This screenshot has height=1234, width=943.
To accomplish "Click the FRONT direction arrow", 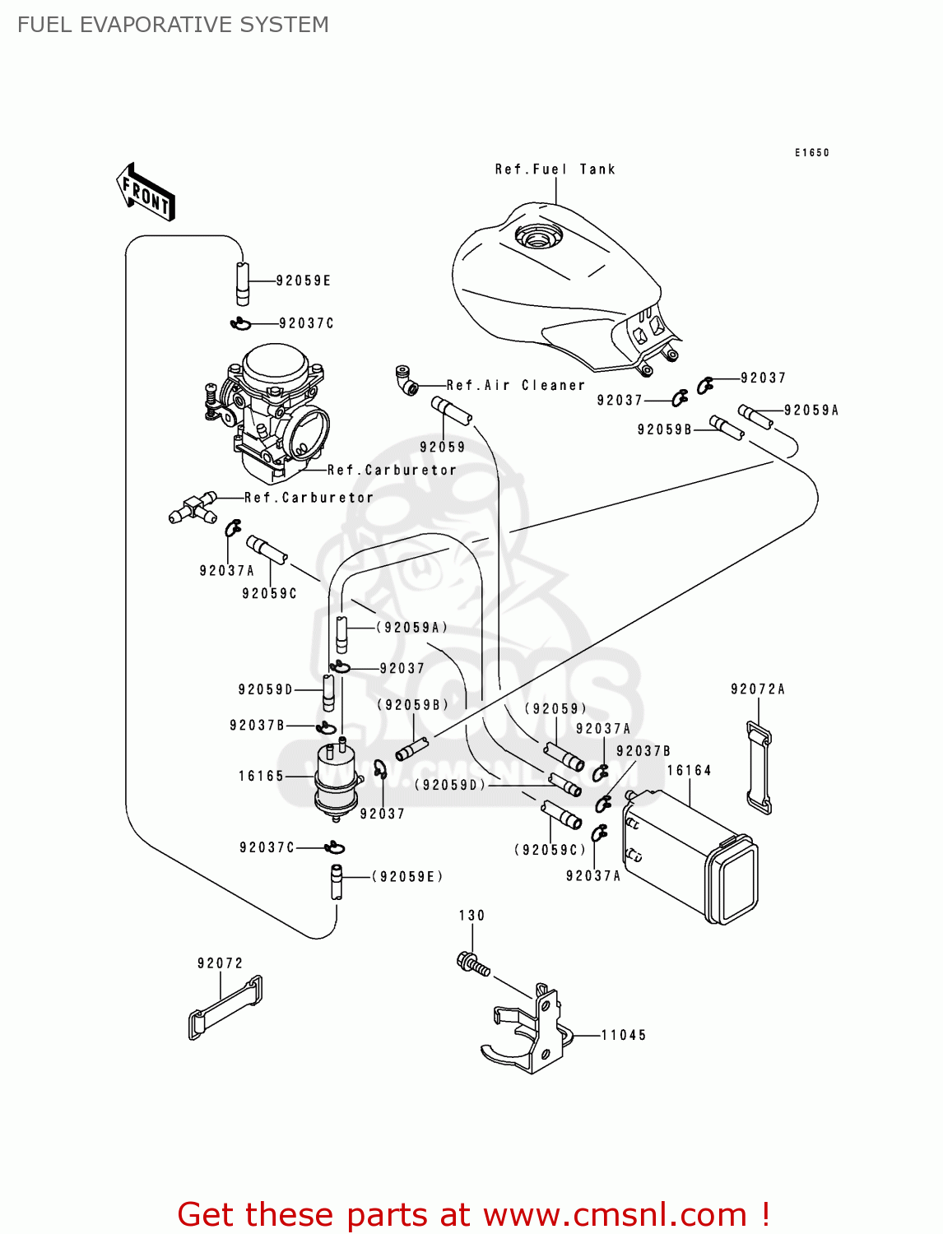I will point(146,193).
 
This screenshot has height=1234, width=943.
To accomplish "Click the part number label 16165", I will point(261,776).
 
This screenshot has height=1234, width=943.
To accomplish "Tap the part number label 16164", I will point(689,771).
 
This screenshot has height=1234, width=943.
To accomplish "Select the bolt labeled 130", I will point(471,963).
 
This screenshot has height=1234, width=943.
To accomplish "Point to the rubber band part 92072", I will point(225,1009).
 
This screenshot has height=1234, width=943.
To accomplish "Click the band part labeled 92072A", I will point(759,767).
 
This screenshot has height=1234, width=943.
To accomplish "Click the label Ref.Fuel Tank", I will point(555,169).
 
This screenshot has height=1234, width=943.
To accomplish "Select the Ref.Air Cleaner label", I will point(515,385).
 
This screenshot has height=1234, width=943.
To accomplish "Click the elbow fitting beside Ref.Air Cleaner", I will point(406,380).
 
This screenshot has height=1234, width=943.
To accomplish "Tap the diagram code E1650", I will point(811,153).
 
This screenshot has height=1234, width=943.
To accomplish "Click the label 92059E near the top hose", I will point(303,281).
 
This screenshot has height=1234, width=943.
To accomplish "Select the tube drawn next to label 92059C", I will point(267,550).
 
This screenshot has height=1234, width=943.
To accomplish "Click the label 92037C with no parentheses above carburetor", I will point(306,323).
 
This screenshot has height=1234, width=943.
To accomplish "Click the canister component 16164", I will point(690,856).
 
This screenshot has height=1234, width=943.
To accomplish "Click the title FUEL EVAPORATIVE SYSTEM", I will point(173,25).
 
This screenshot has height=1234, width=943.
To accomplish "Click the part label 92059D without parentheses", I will point(265,689).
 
